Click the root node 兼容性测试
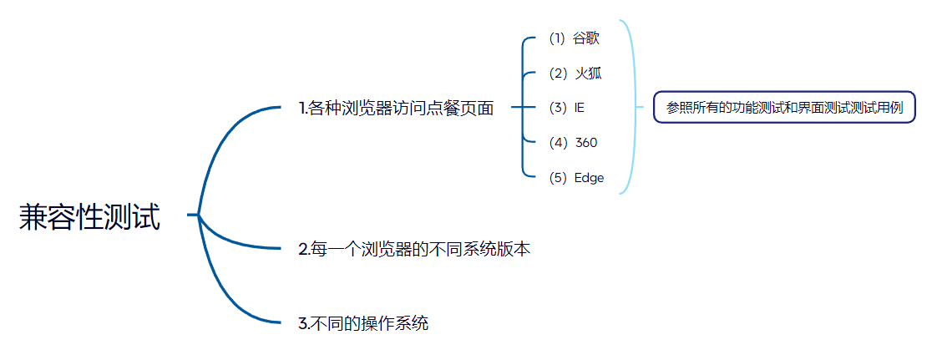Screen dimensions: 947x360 click(89, 216)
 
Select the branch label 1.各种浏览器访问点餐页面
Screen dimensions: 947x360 click(396, 108)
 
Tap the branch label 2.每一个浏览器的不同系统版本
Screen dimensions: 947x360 click(414, 250)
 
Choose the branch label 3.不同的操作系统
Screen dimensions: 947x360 click(363, 323)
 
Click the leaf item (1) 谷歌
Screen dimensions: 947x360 click(575, 38)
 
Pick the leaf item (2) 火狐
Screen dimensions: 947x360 click(575, 74)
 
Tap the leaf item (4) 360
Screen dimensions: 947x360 click(573, 143)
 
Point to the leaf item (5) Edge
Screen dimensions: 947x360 click(576, 178)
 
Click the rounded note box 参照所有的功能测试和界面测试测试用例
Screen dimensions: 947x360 click(784, 108)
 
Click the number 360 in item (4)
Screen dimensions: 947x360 click(586, 143)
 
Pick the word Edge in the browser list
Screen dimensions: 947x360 click(589, 178)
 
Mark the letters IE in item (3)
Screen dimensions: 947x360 click(580, 108)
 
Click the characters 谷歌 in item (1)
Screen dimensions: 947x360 click(587, 38)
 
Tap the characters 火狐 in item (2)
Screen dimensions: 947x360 click(588, 74)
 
